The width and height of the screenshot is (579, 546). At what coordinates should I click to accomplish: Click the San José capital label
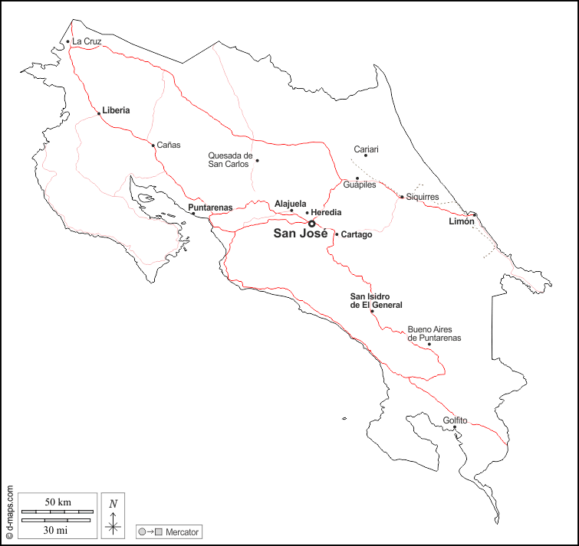point(301,234)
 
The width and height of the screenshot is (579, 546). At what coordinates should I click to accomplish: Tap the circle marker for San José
point(311,224)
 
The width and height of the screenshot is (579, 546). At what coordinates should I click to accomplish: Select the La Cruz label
point(87,41)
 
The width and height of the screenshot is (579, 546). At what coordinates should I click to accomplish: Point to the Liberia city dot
point(99,113)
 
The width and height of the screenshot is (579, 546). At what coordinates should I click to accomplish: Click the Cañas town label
point(169,145)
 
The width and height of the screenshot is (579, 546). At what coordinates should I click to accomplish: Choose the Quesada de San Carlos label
point(230,159)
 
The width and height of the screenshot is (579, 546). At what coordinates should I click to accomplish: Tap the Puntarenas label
point(210,208)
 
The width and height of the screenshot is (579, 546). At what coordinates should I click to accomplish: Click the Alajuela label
point(291,204)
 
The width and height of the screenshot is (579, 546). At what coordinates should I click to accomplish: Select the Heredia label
point(327,212)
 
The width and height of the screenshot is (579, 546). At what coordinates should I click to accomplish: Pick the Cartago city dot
point(337,234)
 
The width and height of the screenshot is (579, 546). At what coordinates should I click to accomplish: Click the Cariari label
point(366,149)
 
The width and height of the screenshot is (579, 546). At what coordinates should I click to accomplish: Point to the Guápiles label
point(360,185)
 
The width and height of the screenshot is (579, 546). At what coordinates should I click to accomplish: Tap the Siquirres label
point(423,197)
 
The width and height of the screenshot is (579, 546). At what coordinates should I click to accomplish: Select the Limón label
point(462,221)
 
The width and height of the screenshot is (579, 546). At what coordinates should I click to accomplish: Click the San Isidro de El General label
point(377,301)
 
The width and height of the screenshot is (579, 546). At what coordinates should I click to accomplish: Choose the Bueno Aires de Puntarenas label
point(434,333)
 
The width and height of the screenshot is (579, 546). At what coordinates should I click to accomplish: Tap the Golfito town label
point(455,420)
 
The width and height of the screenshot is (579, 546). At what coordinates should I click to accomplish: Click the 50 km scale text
point(58,502)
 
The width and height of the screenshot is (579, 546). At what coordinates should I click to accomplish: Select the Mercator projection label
point(183,531)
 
